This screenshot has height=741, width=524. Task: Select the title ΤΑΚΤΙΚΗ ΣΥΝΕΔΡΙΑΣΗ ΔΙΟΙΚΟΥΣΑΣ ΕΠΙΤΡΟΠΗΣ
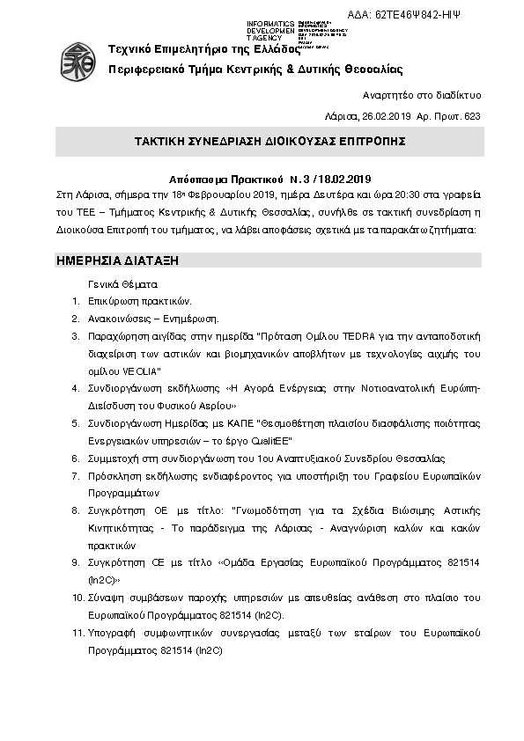(269, 141)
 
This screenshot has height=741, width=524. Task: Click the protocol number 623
(473, 116)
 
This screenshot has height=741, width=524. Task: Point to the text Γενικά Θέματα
(122, 284)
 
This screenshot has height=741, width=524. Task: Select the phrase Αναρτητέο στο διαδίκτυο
(421, 95)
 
